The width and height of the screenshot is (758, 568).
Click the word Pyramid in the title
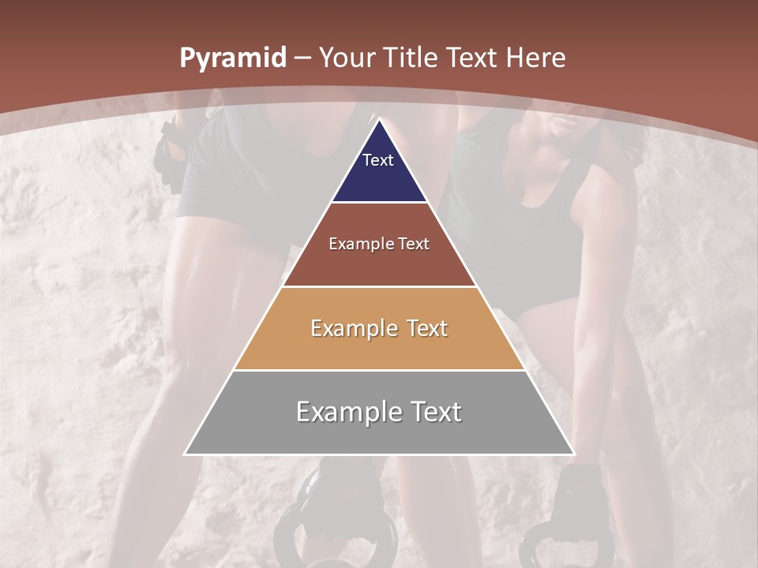(x=232, y=58)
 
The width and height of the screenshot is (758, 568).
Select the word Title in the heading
(x=411, y=58)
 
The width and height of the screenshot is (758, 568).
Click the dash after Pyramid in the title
(x=302, y=58)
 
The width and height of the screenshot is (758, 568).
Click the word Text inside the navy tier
(x=378, y=160)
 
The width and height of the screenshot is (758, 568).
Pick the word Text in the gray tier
(x=435, y=412)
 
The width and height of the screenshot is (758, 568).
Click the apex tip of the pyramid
(x=379, y=120)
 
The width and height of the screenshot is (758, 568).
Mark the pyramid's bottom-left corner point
(x=186, y=454)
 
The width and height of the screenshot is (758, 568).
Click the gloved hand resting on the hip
(x=170, y=158)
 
